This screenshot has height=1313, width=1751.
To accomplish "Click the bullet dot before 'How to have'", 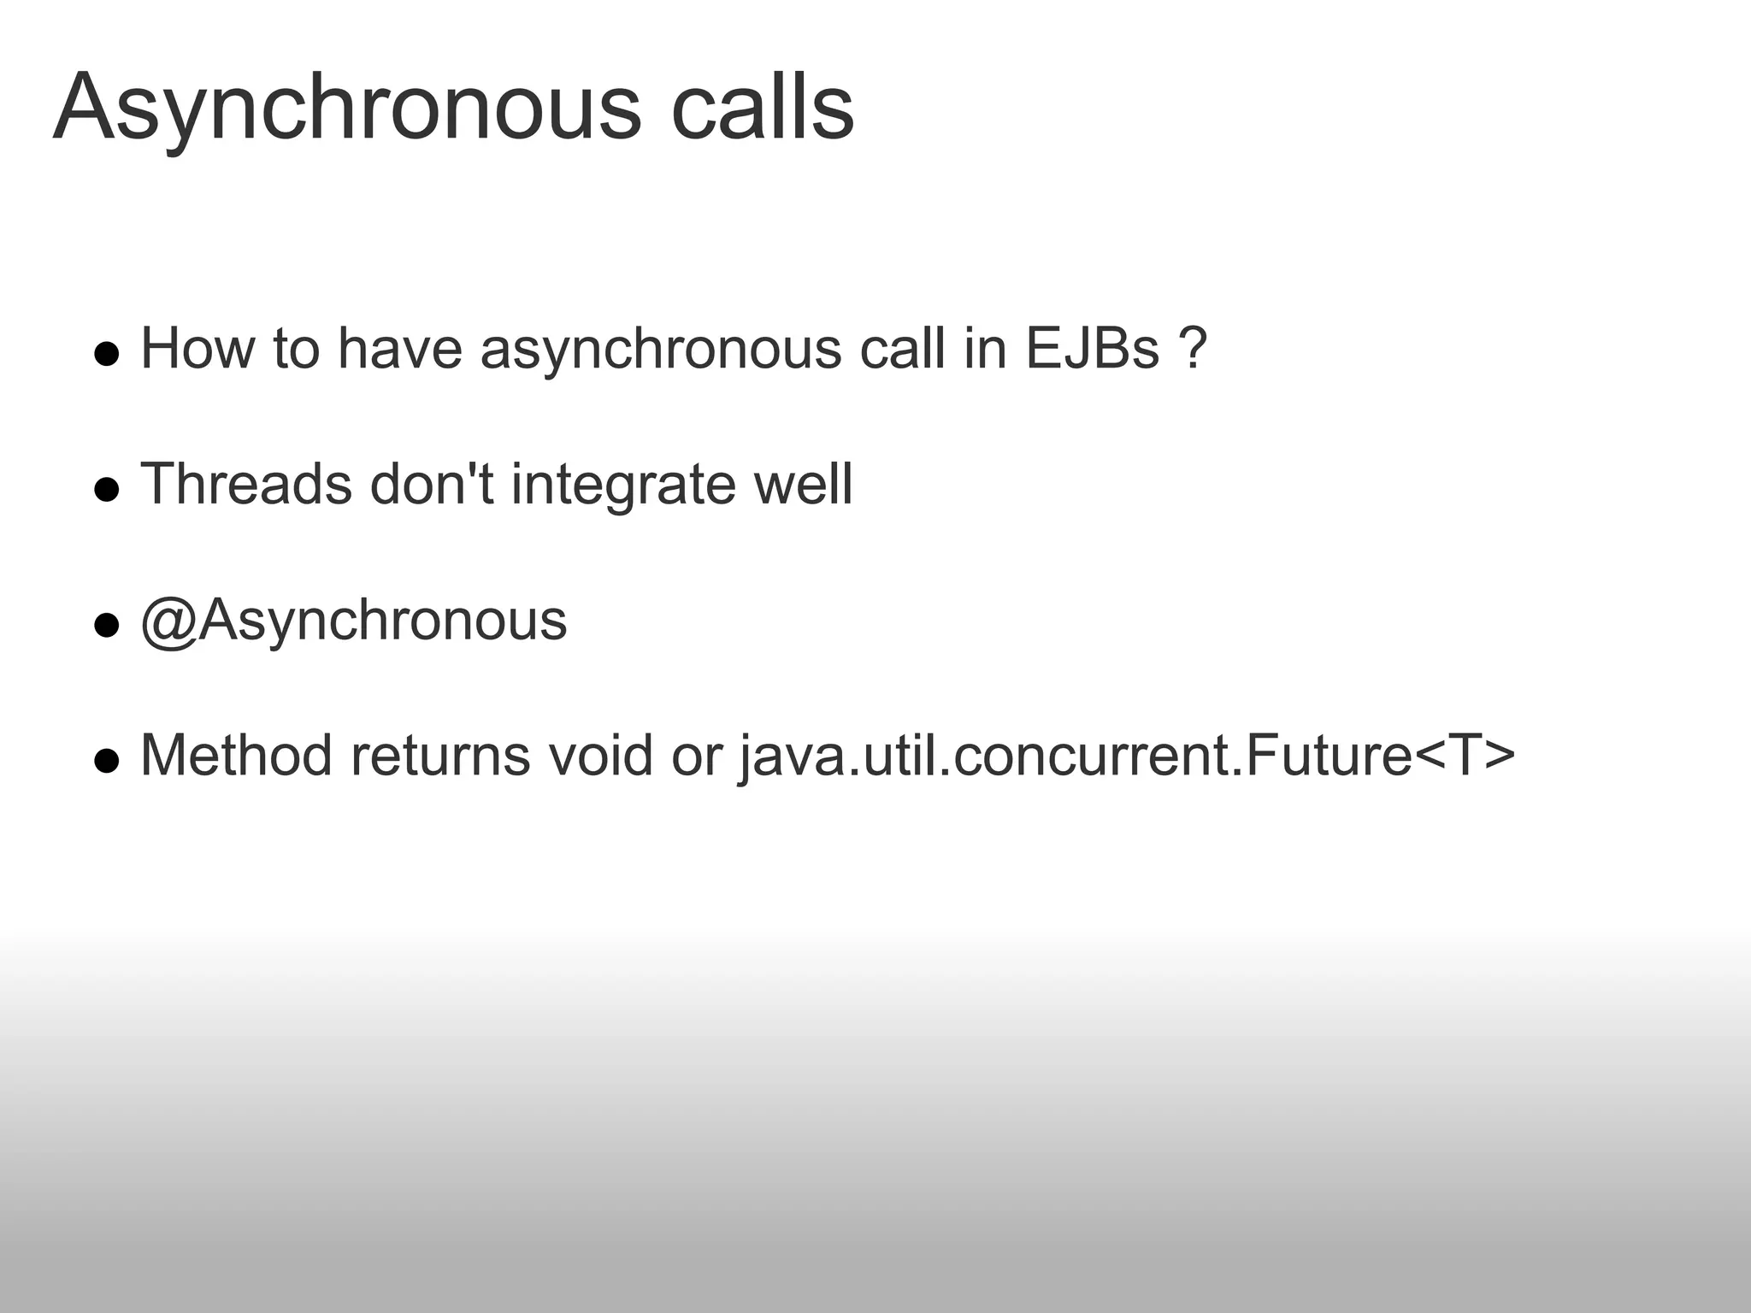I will (106, 354).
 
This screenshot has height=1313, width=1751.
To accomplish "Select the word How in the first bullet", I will (197, 349).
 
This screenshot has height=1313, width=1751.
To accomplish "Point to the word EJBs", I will (1092, 349).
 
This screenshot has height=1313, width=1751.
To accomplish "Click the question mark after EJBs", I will (1193, 349).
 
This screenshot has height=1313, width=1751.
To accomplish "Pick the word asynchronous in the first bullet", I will (661, 350).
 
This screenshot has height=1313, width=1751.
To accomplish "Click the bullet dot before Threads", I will (106, 490).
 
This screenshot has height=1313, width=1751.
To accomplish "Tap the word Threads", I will (245, 485).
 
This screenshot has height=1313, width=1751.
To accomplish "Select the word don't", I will (432, 485).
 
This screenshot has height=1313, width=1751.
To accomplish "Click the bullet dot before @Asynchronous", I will (106, 626).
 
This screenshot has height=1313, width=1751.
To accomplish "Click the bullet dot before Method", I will (106, 761).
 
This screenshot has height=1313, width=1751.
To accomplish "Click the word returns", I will (440, 757).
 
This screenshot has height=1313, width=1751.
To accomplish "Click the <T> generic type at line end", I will (1465, 757).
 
